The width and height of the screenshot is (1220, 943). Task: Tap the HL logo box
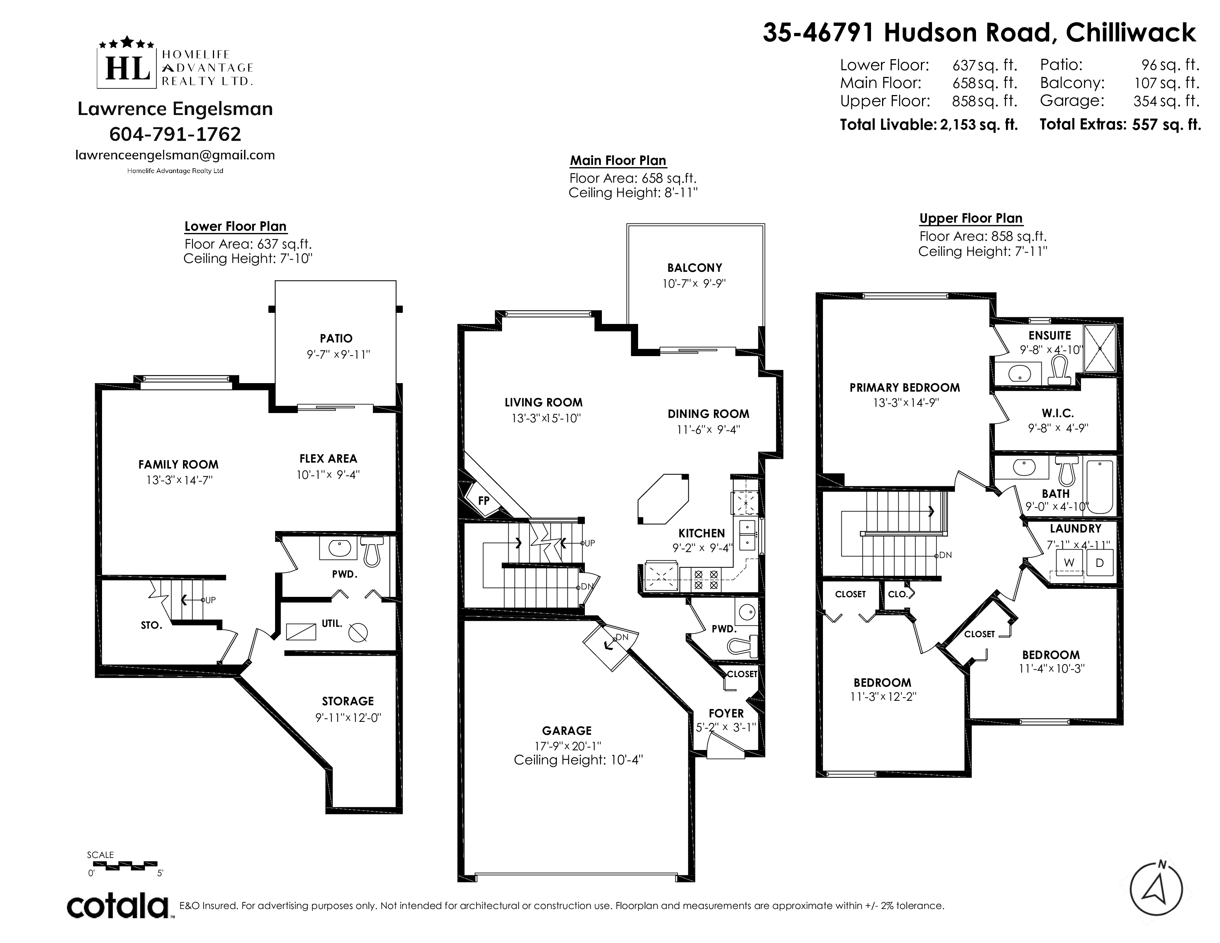pyautogui.click(x=128, y=68)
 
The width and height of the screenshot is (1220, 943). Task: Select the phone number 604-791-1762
pyautogui.click(x=175, y=134)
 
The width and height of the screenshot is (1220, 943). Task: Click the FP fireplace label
pyautogui.click(x=484, y=501)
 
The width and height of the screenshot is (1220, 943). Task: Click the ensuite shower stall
pyautogui.click(x=1100, y=348)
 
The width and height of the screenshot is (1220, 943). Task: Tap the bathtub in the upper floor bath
pyautogui.click(x=1100, y=487)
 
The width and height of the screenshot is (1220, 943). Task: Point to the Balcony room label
pyautogui.click(x=694, y=268)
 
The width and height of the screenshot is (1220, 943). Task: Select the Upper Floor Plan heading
pyautogui.click(x=971, y=219)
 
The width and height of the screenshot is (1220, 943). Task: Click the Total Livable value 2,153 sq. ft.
pyautogui.click(x=979, y=125)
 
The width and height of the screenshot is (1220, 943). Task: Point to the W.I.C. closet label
pyautogui.click(x=1057, y=413)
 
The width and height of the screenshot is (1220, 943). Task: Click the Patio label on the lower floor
pyautogui.click(x=336, y=338)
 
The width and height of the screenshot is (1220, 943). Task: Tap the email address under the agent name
pyautogui.click(x=175, y=155)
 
